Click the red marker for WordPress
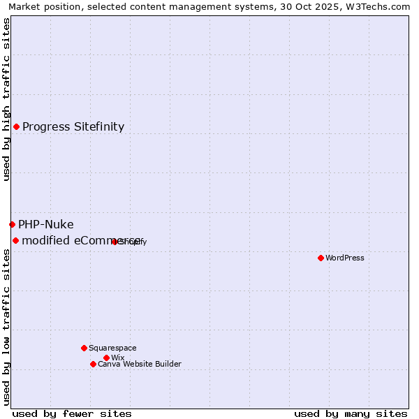321,258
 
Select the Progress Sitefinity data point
16,126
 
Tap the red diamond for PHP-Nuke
12,224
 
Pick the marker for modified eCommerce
15,240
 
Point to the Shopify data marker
115,242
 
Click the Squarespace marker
84,348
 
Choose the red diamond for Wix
106,358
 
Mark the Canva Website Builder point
93,364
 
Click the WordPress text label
345,258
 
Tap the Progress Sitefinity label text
73,126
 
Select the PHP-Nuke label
46,224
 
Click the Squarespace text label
112,348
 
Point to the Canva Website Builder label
140,364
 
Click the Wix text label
117,358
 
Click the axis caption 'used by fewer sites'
72,413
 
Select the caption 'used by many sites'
351,413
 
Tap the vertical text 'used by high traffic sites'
6,99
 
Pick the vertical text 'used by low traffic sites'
6,327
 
